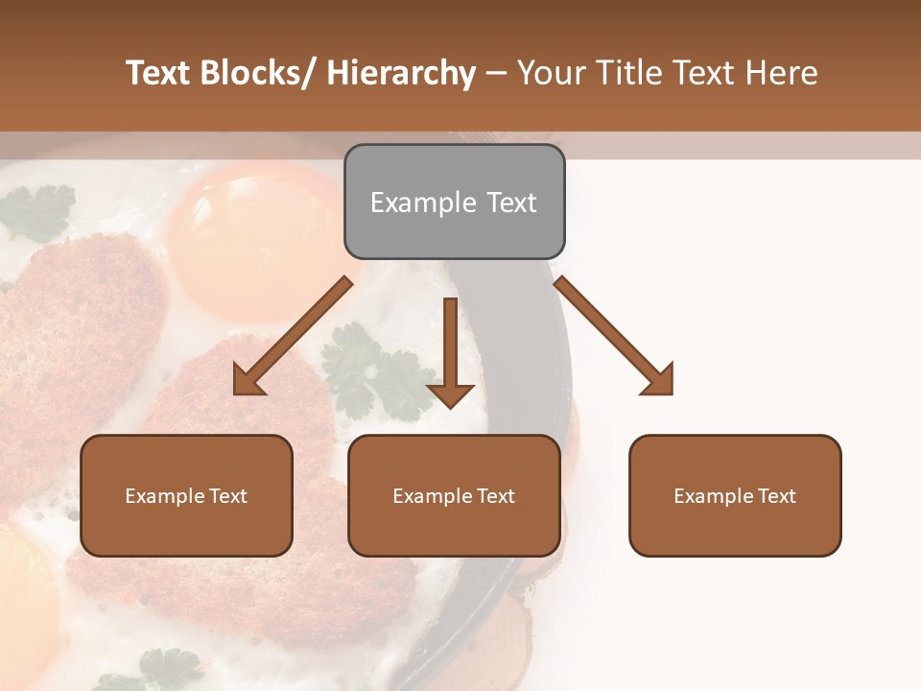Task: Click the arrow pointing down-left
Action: pyautogui.click(x=293, y=336)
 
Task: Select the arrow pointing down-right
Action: pyautogui.click(x=614, y=336)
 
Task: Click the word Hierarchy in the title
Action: pyautogui.click(x=401, y=73)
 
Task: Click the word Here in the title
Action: pyautogui.click(x=782, y=73)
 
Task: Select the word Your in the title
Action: pyautogui.click(x=550, y=73)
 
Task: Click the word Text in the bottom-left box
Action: pyautogui.click(x=227, y=496)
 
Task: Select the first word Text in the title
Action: pyautogui.click(x=157, y=73)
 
